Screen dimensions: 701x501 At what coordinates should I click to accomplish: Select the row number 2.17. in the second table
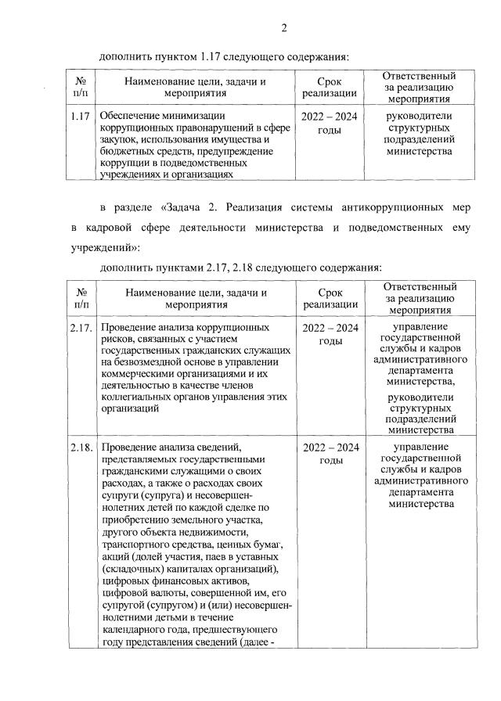pyautogui.click(x=82, y=326)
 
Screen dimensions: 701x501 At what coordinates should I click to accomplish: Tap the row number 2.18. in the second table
pyautogui.click(x=82, y=448)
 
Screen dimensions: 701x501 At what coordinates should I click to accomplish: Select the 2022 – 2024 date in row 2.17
pyautogui.click(x=330, y=326)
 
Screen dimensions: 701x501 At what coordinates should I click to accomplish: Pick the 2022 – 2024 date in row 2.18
pyautogui.click(x=330, y=448)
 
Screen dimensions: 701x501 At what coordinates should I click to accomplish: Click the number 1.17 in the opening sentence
pyautogui.click(x=213, y=57)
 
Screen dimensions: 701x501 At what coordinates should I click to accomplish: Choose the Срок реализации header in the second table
pyautogui.click(x=330, y=298)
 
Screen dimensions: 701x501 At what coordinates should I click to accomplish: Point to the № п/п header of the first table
pyautogui.click(x=81, y=87)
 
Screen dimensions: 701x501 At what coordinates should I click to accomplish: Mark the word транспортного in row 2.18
pyautogui.click(x=135, y=544)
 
